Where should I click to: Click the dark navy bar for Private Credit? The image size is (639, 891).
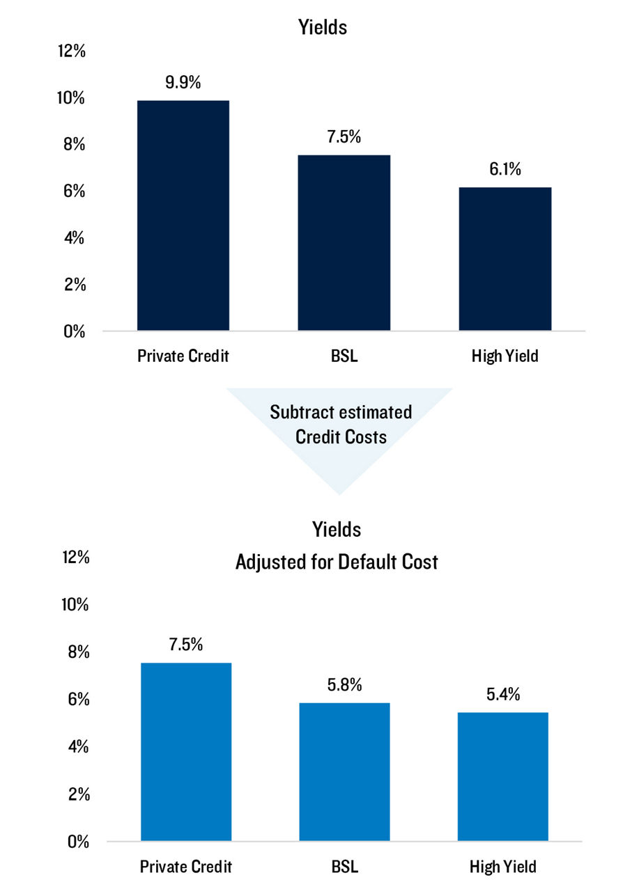click(x=183, y=215)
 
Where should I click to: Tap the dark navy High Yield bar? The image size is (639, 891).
click(x=505, y=258)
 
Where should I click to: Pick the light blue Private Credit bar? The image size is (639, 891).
click(x=186, y=752)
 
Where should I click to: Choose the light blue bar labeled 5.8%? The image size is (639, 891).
click(x=344, y=772)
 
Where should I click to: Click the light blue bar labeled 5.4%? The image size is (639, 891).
click(x=502, y=777)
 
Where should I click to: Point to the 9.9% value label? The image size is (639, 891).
click(x=183, y=82)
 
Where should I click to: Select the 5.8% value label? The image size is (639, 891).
click(x=344, y=685)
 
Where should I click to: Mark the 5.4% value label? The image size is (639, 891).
click(x=503, y=695)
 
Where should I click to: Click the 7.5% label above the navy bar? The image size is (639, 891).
click(x=344, y=136)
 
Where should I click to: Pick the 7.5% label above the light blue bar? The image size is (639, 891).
click(x=185, y=645)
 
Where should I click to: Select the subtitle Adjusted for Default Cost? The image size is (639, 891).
click(x=337, y=562)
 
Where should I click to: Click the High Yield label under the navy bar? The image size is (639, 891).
click(x=504, y=356)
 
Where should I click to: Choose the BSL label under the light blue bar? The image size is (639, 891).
click(x=344, y=867)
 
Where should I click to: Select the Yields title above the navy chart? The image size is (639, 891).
click(x=323, y=27)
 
